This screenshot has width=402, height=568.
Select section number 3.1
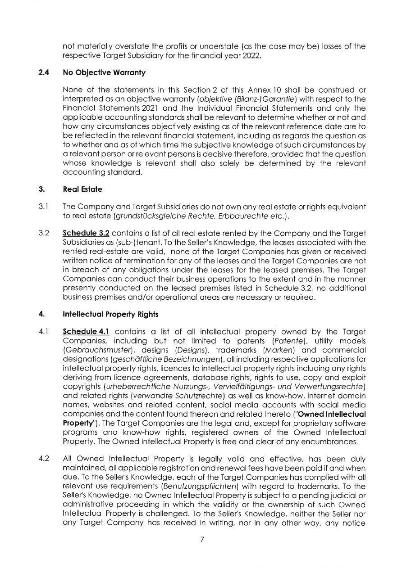click(43, 206)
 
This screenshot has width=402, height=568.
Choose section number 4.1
click(43, 332)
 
